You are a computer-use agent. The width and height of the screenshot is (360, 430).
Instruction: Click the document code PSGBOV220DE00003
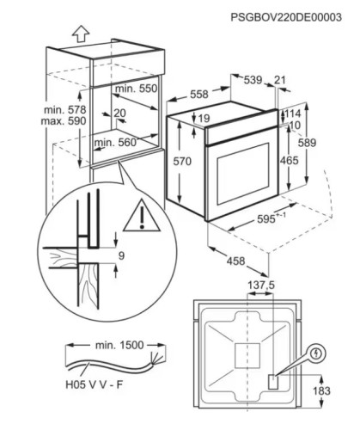pyautogui.click(x=286, y=17)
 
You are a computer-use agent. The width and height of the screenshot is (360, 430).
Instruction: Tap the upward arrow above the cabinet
pyautogui.click(x=81, y=34)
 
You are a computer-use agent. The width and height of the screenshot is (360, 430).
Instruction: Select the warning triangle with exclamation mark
pyautogui.click(x=142, y=215)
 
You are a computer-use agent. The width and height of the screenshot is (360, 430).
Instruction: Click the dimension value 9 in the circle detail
pyautogui.click(x=121, y=255)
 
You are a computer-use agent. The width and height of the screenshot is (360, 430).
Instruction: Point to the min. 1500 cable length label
pyautogui.click(x=119, y=345)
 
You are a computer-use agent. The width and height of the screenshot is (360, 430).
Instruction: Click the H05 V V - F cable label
pyautogui.click(x=95, y=384)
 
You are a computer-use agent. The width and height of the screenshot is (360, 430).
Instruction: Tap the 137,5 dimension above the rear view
pyautogui.click(x=261, y=286)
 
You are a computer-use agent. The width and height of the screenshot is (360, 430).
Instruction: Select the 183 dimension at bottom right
pyautogui.click(x=321, y=390)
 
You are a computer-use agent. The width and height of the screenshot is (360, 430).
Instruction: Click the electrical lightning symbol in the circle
pyautogui.click(x=316, y=353)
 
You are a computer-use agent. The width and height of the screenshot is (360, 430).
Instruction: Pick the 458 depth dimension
pyautogui.click(x=236, y=261)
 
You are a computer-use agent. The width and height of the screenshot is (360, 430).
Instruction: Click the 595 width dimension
pyautogui.click(x=266, y=219)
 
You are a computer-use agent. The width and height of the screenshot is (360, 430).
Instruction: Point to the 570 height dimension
pyautogui.click(x=182, y=162)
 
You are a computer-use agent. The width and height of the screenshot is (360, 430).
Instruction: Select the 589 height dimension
pyautogui.click(x=307, y=143)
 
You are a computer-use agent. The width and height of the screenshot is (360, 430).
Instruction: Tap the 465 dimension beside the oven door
pyautogui.click(x=290, y=161)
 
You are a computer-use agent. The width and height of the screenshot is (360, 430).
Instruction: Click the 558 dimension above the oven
pyautogui.click(x=199, y=94)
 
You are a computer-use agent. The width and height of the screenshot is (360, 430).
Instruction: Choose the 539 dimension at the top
pyautogui.click(x=253, y=80)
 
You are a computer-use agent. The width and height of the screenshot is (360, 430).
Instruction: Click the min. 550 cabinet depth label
pyautogui.click(x=136, y=89)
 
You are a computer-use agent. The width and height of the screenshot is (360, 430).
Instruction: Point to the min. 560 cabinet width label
pyautogui.click(x=116, y=142)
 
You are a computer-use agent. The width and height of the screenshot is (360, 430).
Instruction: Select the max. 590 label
pyautogui.click(x=64, y=121)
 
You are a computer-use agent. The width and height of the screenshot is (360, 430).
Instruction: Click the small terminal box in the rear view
pyautogui.click(x=273, y=382)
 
